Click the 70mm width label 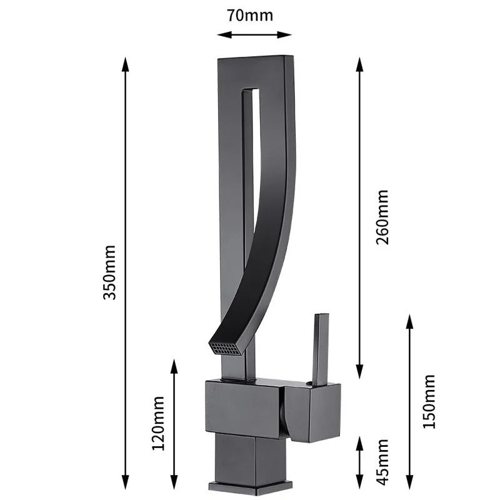pyautogui.click(x=250, y=15)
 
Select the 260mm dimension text pyautogui.click(x=382, y=217)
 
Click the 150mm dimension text pyautogui.click(x=429, y=401)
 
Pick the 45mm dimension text pyautogui.click(x=382, y=461)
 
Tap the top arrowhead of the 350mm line pyautogui.click(x=126, y=62)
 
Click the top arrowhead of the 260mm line pyautogui.click(x=360, y=62)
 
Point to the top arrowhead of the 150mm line pyautogui.click(x=409, y=320)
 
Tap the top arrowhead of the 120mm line pyautogui.click(x=174, y=364)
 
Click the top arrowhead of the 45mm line pyautogui.click(x=360, y=441)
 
